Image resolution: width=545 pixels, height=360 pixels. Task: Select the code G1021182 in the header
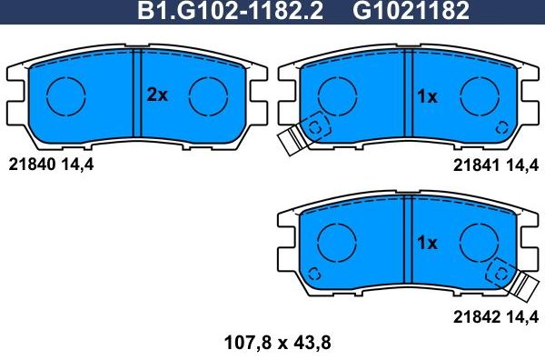click(x=410, y=12)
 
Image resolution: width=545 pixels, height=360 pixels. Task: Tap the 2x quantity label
click(x=158, y=95)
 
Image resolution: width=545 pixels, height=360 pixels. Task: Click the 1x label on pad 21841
click(x=427, y=95)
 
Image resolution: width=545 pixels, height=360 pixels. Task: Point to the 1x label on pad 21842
click(x=427, y=242)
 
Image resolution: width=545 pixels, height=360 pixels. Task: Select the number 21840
click(x=31, y=165)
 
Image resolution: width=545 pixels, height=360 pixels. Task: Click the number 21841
click(x=472, y=165)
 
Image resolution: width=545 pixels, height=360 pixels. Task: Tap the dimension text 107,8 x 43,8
click(x=272, y=345)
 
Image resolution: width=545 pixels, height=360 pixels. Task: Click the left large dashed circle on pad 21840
click(x=65, y=94)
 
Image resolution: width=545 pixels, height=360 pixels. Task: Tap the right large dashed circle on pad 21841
click(x=478, y=94)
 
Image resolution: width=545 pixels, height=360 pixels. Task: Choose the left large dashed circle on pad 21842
click(x=336, y=241)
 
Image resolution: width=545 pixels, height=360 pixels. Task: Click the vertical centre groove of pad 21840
click(x=135, y=98)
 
